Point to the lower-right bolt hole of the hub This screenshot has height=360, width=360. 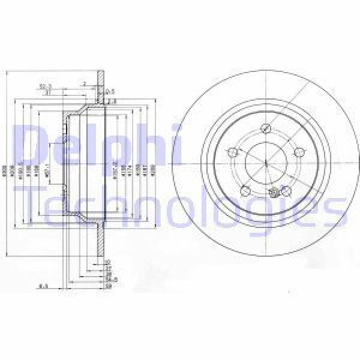(286, 191)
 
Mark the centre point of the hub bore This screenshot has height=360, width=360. (265, 163)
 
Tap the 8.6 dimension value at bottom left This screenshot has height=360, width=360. (43, 286)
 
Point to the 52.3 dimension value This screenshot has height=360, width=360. (61, 85)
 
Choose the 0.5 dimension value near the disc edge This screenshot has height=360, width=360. (110, 91)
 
